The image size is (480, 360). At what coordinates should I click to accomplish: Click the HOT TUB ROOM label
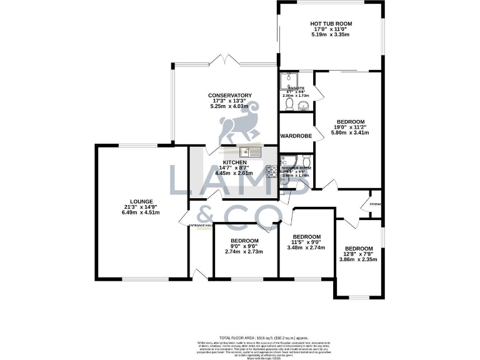click(331, 24)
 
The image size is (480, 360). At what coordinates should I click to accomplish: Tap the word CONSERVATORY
click(230, 96)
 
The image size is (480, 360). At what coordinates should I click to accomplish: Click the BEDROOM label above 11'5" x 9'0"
click(307, 236)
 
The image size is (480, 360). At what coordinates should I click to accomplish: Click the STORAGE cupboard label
click(376, 204)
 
